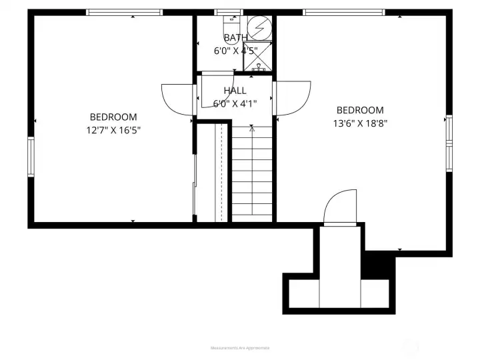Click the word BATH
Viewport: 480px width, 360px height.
click(x=235, y=37)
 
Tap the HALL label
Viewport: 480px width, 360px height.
click(x=235, y=91)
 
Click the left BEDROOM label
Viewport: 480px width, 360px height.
click(x=114, y=117)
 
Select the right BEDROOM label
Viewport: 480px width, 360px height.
click(x=360, y=111)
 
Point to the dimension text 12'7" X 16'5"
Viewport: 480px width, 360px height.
click(x=113, y=130)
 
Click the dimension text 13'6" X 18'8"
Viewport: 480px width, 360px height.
click(x=360, y=123)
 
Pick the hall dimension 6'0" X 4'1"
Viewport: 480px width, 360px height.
click(x=235, y=103)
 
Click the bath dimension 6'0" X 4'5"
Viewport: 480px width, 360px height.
click(x=235, y=50)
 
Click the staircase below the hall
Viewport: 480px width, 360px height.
click(x=252, y=173)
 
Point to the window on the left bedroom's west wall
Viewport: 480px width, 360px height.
click(x=31, y=157)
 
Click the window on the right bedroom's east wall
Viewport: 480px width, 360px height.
click(x=449, y=143)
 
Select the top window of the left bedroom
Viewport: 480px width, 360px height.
click(x=125, y=12)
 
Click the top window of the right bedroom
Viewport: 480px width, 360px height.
click(x=344, y=12)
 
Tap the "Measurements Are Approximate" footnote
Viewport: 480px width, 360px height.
click(x=240, y=348)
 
